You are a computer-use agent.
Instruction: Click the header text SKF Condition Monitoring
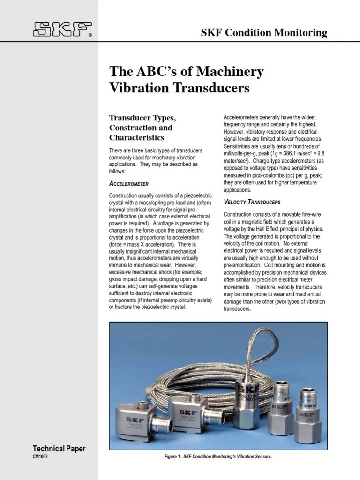[264, 33]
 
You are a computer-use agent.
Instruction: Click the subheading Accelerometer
[129, 184]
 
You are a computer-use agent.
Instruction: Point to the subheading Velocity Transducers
[252, 202]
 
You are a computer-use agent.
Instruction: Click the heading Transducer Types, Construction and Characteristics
[141, 127]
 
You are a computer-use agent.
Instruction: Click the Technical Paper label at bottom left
[59, 449]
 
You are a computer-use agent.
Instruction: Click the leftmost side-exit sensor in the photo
[141, 418]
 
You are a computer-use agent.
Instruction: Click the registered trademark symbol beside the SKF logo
[90, 35]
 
